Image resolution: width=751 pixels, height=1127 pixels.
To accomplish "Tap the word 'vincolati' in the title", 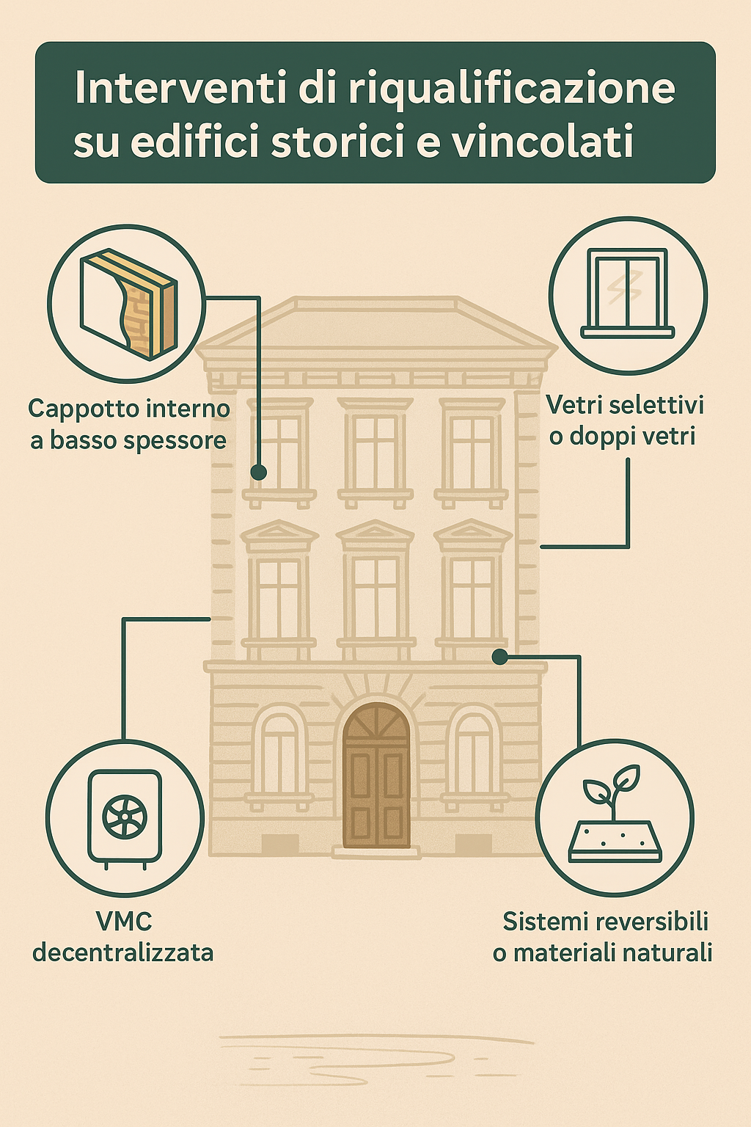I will point(543,142).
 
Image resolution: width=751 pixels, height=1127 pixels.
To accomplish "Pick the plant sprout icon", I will point(615,814).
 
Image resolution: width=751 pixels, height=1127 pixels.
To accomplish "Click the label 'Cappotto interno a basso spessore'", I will point(129,424).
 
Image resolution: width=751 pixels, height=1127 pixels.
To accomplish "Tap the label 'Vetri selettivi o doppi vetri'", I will point(624,420).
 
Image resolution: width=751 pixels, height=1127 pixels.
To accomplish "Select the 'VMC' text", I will point(124,921).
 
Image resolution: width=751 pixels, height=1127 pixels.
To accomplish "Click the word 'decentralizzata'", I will point(123,952).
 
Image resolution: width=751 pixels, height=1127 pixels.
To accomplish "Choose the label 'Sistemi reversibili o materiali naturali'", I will point(604,937).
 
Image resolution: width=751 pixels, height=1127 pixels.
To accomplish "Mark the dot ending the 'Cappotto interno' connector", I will point(258,473).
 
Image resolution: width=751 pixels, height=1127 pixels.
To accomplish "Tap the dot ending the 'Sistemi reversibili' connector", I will point(499,656).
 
